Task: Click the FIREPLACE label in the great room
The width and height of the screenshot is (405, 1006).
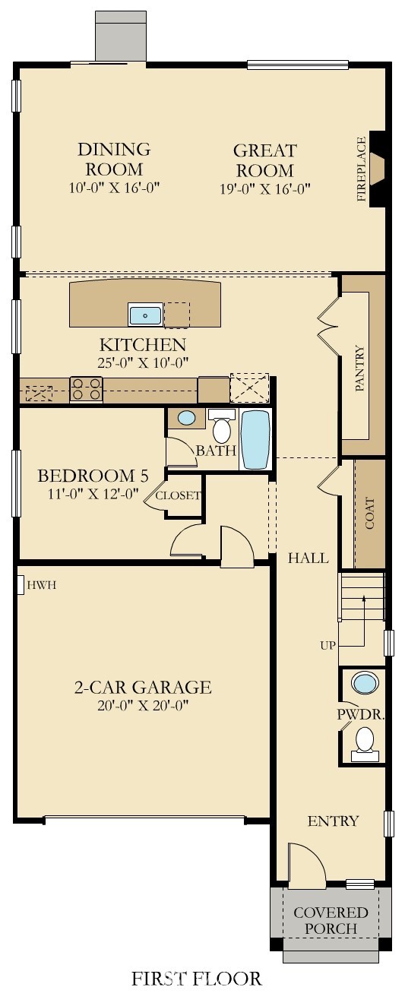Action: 362,169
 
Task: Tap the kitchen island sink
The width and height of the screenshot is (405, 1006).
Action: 145,314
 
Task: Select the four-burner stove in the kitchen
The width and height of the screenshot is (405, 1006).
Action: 86,389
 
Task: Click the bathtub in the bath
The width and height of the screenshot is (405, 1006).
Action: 255,440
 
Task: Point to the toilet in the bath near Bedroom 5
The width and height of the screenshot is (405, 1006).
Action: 222,427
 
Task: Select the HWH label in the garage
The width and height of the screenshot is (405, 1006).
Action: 41,585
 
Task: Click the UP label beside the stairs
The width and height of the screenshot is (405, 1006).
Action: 327,646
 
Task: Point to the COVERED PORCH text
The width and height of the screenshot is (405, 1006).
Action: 331,920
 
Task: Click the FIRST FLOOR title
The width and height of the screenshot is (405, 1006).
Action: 197,979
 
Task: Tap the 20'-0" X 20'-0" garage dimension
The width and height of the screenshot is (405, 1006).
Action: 142,705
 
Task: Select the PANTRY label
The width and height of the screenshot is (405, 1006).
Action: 360,369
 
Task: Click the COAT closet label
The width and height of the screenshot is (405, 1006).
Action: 370,514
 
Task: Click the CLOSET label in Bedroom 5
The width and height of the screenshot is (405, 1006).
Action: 179,495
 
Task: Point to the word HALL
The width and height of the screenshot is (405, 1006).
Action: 308,558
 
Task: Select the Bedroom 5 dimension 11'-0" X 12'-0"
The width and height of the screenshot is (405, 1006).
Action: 92,493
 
